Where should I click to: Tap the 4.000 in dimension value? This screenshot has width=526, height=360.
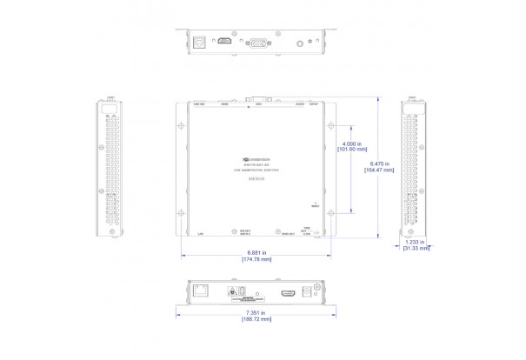tap(352, 143)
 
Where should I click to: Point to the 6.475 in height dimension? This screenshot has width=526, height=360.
tap(381, 163)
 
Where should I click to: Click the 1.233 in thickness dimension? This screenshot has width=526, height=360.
tap(416, 243)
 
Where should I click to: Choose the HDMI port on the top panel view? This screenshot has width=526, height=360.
tap(224, 41)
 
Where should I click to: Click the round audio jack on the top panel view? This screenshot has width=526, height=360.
tap(300, 42)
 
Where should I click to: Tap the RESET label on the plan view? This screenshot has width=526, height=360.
tap(314, 206)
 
